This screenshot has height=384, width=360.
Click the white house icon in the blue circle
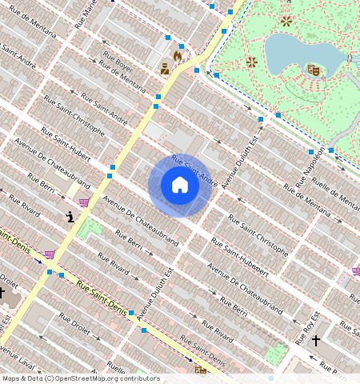[x=180, y=186]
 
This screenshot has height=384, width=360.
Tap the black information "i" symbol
[x=71, y=216]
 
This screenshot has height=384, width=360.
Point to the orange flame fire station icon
[x=178, y=56]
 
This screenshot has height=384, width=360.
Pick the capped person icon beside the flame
[x=165, y=69]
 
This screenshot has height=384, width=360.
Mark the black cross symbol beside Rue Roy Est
[x=316, y=341]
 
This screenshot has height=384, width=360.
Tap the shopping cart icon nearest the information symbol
[x=84, y=202]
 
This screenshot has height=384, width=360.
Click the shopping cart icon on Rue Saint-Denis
[x=50, y=254]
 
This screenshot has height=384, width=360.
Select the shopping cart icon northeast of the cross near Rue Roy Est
[x=355, y=271]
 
